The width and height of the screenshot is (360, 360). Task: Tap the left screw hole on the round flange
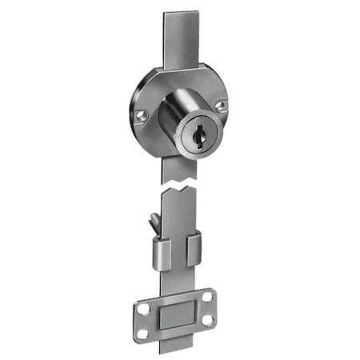click(x=142, y=116)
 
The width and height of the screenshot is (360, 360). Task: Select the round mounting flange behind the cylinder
click(x=148, y=92)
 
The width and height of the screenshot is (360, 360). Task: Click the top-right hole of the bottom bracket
click(x=207, y=297)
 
